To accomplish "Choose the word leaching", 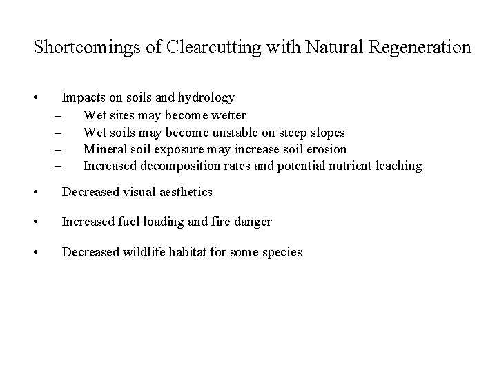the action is point(396,166).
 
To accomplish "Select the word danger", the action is point(252,222).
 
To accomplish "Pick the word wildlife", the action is point(139,252).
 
